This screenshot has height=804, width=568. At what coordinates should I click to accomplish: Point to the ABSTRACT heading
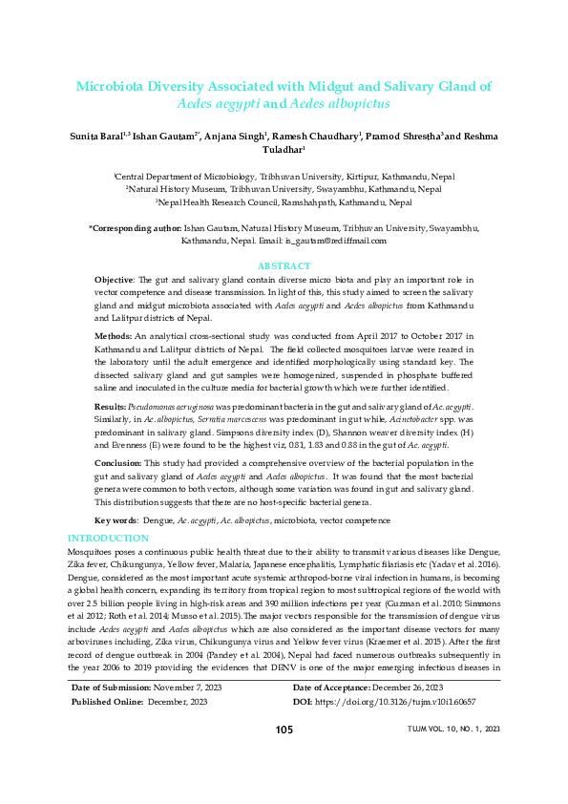click(x=284, y=265)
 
